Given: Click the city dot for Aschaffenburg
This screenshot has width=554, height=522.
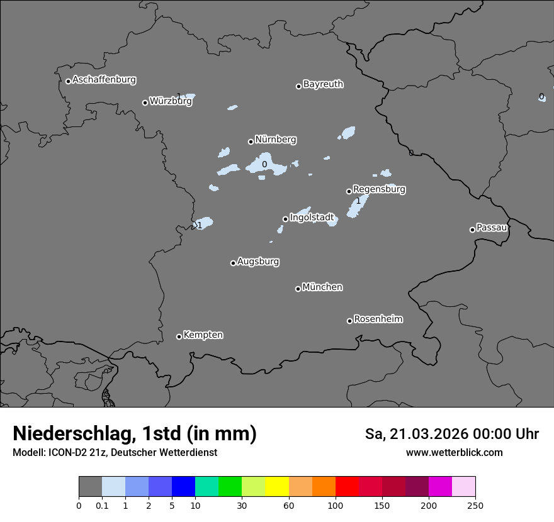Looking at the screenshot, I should coord(68,81).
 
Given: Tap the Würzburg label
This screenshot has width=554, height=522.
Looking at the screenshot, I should coord(171,101).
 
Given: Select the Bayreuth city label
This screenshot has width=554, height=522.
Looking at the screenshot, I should coord(323,84).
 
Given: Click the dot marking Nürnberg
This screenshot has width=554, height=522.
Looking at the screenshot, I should coord(251,142).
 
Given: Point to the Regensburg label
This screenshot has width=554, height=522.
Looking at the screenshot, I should coord(379,189).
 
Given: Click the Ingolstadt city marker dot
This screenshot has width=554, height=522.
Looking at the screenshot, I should coord(285,219).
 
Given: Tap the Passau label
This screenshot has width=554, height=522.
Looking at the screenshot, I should coord(492,228).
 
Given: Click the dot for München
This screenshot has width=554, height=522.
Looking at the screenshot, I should coord(298,289).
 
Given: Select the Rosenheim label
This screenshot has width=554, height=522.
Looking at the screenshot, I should coord(378,319).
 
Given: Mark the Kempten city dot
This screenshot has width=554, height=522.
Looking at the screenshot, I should coord(179,336).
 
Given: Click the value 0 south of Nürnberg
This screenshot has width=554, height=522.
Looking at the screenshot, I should coord(264,165).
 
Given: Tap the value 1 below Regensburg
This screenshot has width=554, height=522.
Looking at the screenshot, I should coord(358,201).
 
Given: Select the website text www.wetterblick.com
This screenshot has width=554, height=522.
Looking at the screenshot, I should coord(454,453).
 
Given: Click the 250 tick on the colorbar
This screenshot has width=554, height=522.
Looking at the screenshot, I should coord(475,506).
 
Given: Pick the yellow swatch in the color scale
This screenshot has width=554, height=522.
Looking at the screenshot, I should coord(277,487).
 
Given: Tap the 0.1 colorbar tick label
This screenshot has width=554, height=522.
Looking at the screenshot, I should coord(102,506).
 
